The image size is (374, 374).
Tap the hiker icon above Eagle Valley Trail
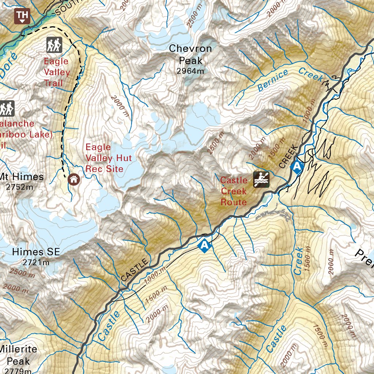(54, 45)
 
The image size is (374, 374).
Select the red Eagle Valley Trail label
(57, 72)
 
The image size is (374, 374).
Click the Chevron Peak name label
(190, 54)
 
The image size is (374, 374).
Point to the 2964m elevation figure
(190, 71)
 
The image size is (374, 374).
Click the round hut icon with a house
(74, 179)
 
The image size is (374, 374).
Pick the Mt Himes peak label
(22, 177)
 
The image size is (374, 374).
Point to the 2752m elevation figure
(20, 187)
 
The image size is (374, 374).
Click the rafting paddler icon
(262, 179)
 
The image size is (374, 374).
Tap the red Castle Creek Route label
(234, 191)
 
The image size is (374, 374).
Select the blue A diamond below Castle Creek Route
(205, 245)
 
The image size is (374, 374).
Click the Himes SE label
(36, 252)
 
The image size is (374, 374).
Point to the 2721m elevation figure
(36, 262)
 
